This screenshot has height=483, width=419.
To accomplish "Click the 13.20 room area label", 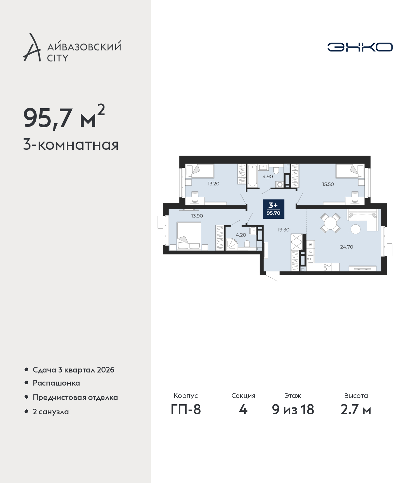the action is coord(213,184).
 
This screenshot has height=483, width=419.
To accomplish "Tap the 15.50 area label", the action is coord(328,184).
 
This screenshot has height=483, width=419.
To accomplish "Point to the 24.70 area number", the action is coord(346,247).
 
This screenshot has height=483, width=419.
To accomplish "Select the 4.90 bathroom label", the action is coord(268,177).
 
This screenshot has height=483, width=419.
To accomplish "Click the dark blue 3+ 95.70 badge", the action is coord(273,209).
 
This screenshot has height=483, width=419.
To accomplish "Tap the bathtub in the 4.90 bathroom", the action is coord(252,176).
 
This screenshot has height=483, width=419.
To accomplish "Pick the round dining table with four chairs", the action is coord(330,223).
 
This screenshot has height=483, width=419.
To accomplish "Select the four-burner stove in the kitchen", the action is coord(327,267).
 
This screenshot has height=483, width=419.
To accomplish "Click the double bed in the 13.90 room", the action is coord(189,236).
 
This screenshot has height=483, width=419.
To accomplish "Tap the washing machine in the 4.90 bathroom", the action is coord(279,184).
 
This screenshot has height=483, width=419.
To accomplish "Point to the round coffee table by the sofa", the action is coord(355,229).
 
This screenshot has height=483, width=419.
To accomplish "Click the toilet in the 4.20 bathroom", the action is coord(247,244).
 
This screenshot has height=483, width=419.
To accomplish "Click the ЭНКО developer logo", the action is coord(360,47).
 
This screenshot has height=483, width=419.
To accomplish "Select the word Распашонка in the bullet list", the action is coord(56,383).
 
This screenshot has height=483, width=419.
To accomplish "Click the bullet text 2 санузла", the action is coord(51,412).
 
